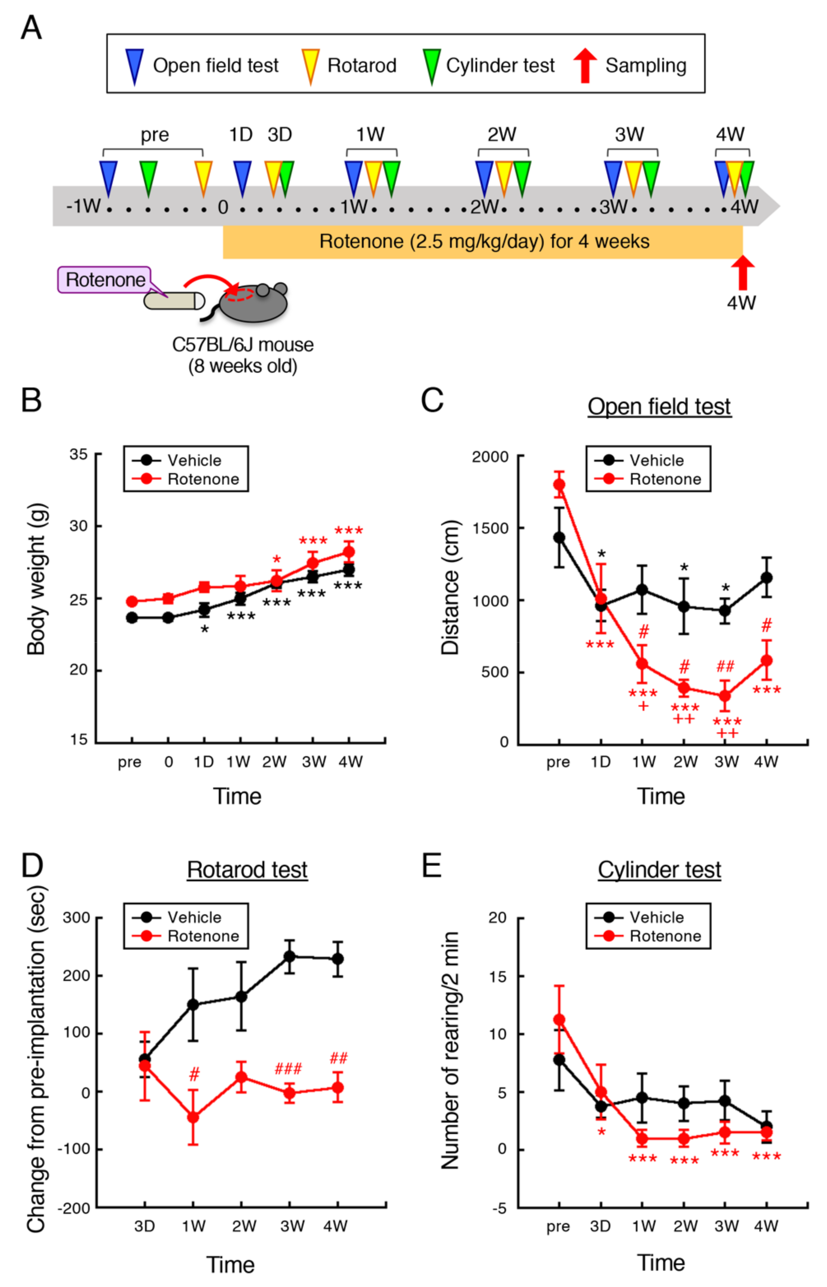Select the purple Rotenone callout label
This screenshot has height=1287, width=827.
pos(105,279)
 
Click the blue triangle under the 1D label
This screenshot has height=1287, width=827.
pos(242,177)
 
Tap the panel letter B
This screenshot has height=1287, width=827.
pos(31,400)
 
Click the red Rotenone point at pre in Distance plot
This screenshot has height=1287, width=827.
pos(559,485)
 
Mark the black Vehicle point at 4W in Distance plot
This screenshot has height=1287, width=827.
pos(766,577)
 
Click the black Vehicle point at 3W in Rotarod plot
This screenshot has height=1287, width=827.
pos(290,956)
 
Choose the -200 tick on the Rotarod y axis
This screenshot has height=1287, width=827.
pos(74,1208)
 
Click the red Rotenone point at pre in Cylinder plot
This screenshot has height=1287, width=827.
pos(559,1020)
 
